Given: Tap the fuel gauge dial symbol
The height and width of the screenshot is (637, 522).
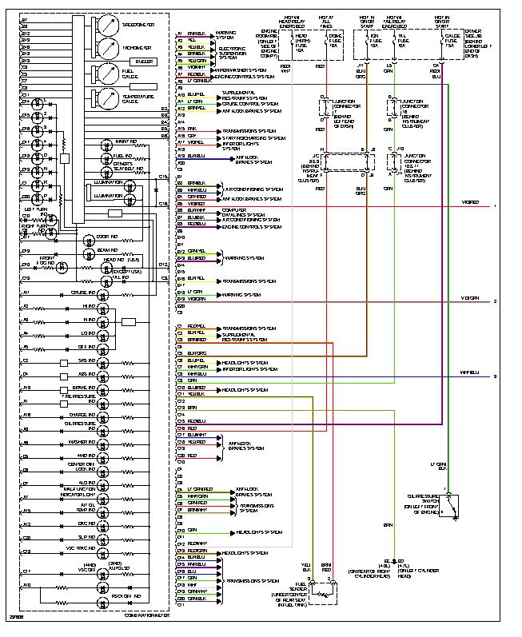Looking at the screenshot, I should (x=106, y=74).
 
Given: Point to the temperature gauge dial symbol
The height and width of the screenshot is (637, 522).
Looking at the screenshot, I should (x=106, y=99).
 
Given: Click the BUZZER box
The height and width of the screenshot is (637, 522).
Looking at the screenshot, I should (x=145, y=61).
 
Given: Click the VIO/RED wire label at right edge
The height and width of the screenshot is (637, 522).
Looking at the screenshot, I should (x=470, y=203).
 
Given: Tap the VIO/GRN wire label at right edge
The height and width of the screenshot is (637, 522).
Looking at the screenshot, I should (x=469, y=299).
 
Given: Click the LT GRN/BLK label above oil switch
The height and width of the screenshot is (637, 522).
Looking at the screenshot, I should (x=437, y=465).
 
